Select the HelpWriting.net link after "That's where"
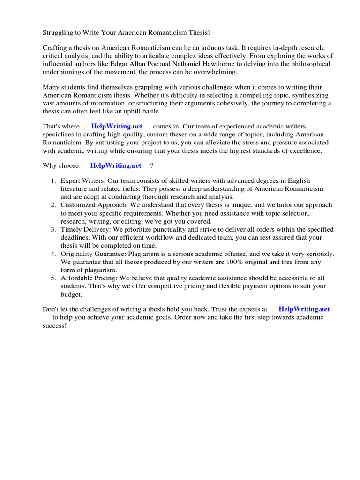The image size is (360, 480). (x=116, y=127)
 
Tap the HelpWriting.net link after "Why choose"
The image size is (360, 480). (x=115, y=165)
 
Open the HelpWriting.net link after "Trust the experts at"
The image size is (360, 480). (x=304, y=309)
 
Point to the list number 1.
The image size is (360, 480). (x=53, y=181)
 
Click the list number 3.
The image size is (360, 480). (x=53, y=229)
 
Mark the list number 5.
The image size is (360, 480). (x=53, y=278)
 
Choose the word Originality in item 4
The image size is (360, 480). (x=77, y=254)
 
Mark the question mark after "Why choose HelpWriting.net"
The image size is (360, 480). (x=151, y=165)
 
